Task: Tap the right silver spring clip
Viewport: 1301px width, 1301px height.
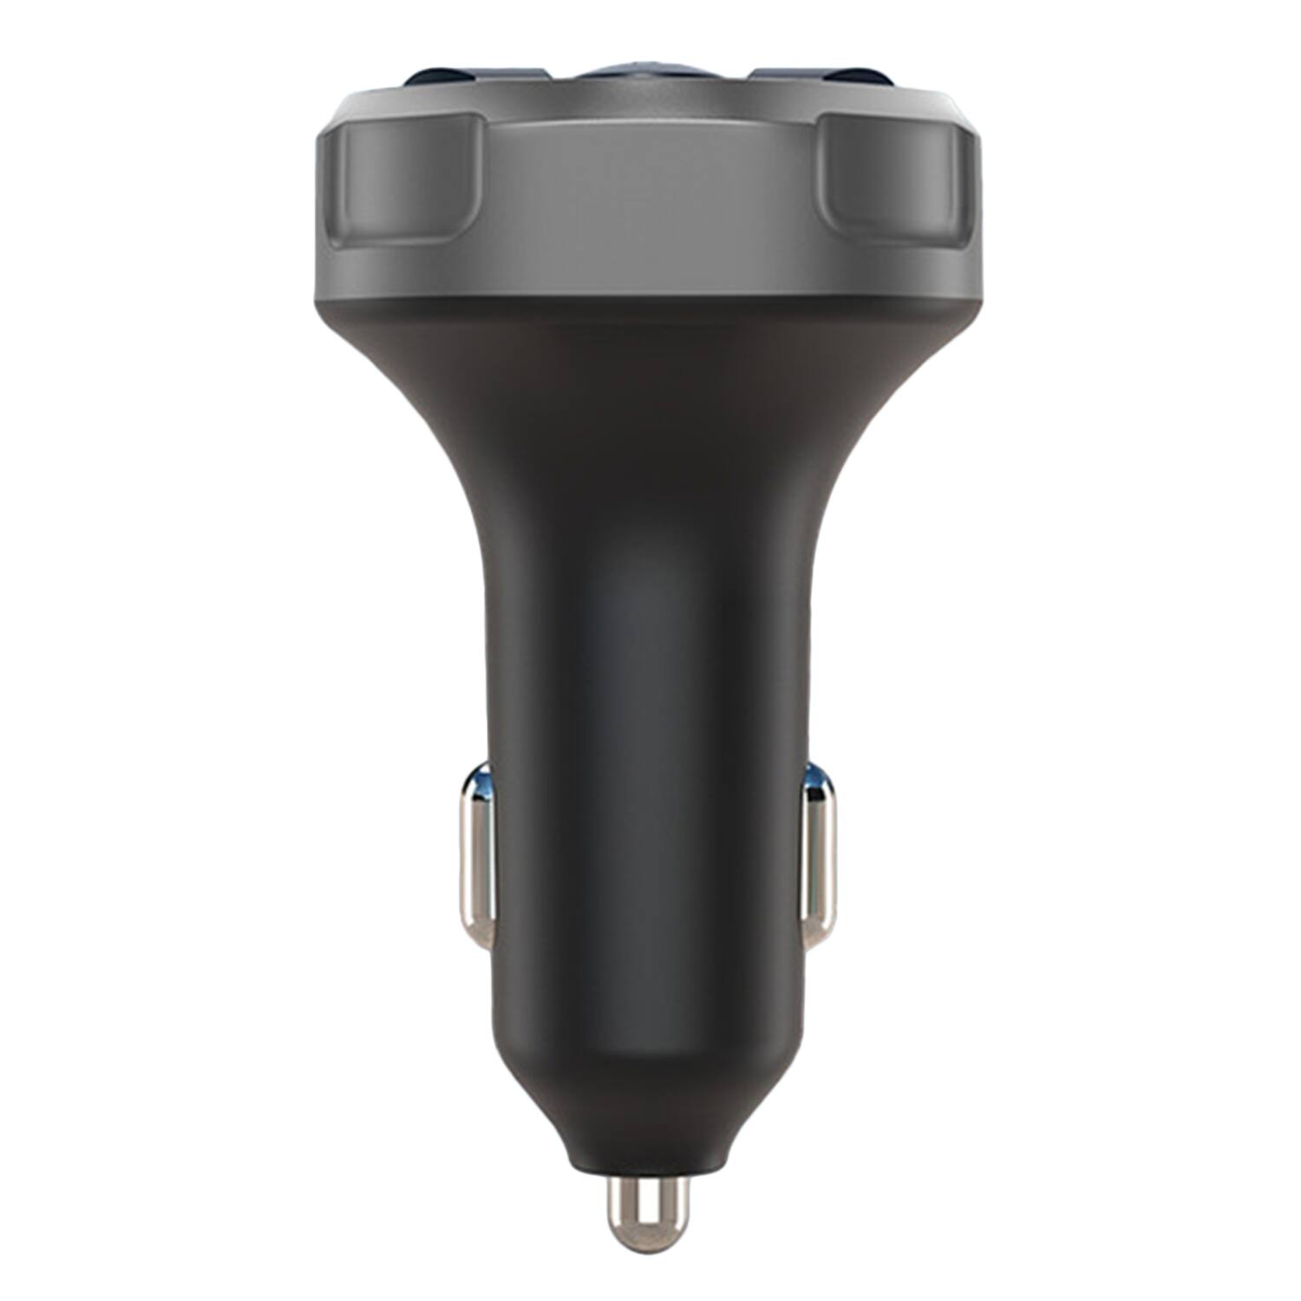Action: [x=820, y=859]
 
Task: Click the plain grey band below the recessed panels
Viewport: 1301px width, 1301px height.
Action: [x=650, y=273]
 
